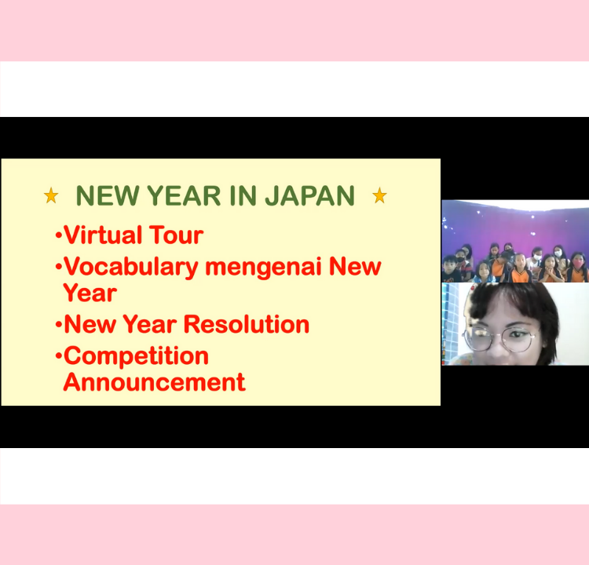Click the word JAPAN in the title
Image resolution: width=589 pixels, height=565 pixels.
(x=310, y=196)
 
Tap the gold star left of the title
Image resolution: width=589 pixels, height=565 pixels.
(x=51, y=195)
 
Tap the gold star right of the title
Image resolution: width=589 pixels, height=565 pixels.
(x=379, y=195)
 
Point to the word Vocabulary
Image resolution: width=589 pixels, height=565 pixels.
(x=130, y=268)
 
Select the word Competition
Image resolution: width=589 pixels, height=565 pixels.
(x=136, y=356)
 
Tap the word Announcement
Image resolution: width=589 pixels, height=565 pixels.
(x=155, y=382)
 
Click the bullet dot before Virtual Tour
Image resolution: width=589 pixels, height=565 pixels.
(x=59, y=235)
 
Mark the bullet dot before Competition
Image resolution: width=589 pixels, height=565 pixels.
(x=59, y=355)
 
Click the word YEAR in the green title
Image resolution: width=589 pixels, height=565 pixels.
(x=184, y=196)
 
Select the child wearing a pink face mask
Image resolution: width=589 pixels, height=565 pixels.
(x=578, y=267)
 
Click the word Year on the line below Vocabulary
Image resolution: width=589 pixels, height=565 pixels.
(x=90, y=293)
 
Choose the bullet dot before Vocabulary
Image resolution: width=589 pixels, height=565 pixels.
(x=59, y=268)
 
